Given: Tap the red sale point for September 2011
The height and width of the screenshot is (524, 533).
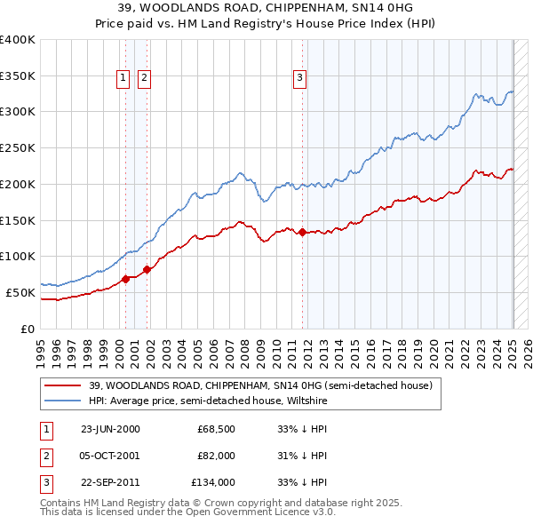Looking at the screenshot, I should point(303,233).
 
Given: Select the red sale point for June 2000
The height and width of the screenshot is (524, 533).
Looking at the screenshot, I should point(125,279).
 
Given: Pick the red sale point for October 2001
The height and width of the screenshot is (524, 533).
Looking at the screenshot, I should point(147,269).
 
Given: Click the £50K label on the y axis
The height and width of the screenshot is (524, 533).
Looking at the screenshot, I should point(21,292).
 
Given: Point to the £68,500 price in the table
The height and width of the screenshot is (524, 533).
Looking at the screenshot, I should point(216,429).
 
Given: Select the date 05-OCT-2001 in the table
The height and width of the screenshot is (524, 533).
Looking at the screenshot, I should point(110,456).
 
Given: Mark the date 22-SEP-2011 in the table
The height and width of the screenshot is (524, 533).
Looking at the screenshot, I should point(110,482).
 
